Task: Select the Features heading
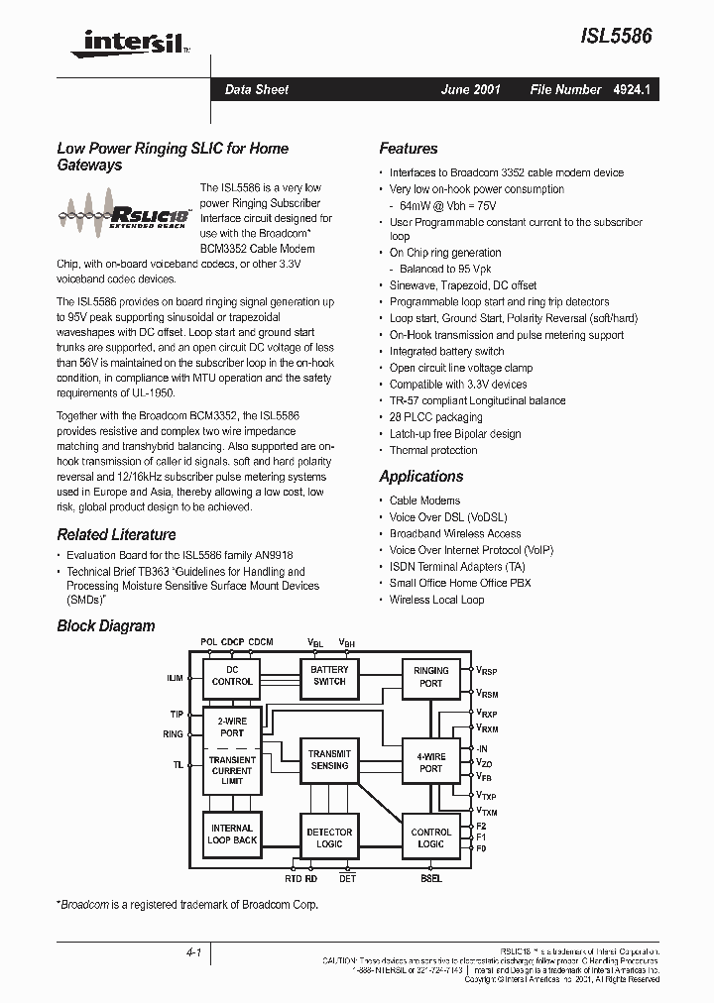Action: (x=408, y=149)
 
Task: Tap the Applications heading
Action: (x=420, y=477)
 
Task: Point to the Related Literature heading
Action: (x=116, y=535)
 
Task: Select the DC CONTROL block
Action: (x=232, y=675)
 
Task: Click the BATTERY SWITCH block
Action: (x=329, y=675)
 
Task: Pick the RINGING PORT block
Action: (x=430, y=676)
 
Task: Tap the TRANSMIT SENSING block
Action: (x=329, y=759)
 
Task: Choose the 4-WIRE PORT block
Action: (x=430, y=762)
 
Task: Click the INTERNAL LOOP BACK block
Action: (x=232, y=834)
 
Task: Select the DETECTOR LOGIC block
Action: (x=329, y=838)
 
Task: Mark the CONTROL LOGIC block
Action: (x=430, y=838)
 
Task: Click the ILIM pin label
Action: (x=176, y=679)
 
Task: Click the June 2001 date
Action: (x=471, y=89)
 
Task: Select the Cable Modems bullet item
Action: (x=424, y=501)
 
